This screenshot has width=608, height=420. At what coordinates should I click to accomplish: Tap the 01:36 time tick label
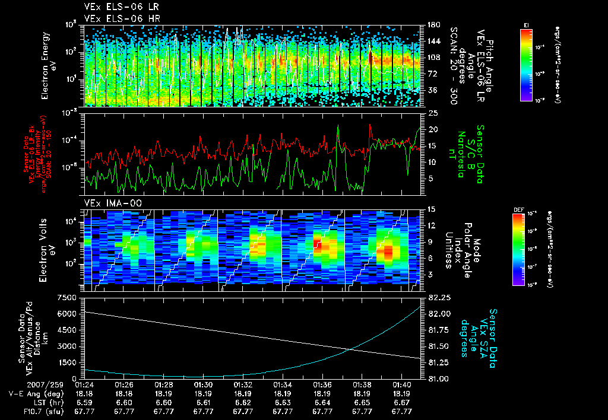[x=322, y=384]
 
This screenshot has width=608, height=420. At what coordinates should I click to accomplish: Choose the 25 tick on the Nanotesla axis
[x=432, y=112]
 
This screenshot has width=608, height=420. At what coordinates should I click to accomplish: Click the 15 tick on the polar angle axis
[x=431, y=209]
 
